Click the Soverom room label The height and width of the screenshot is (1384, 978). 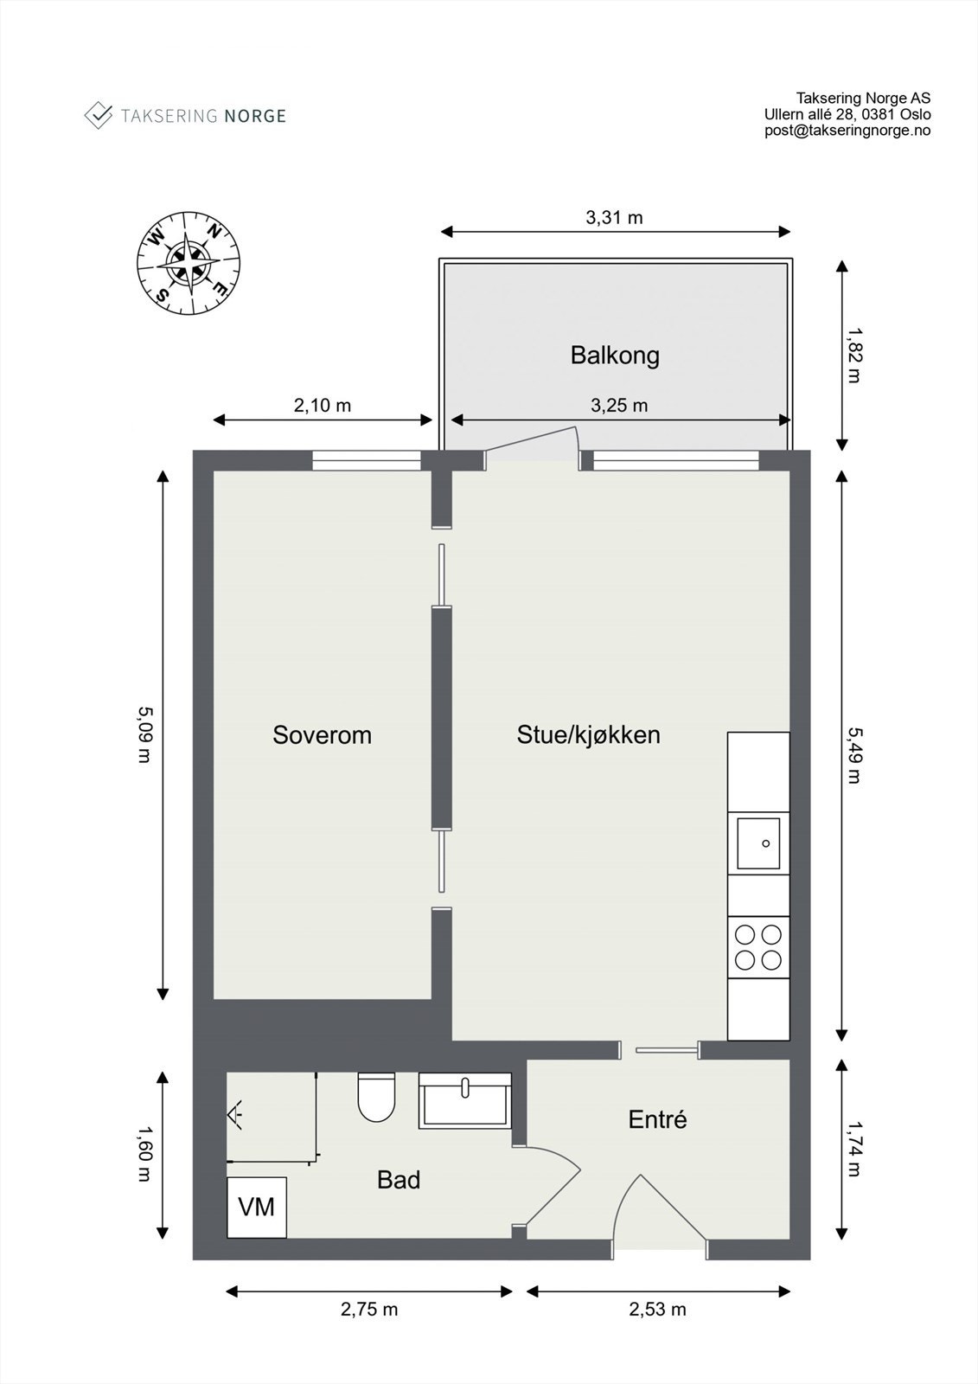click(x=322, y=735)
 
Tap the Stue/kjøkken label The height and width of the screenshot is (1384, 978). click(x=588, y=735)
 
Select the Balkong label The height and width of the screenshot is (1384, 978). click(x=615, y=356)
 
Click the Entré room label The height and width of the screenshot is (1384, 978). click(x=657, y=1120)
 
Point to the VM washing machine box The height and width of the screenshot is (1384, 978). click(x=256, y=1207)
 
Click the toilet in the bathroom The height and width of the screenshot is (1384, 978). click(x=375, y=1097)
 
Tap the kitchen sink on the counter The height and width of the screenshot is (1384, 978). click(x=758, y=843)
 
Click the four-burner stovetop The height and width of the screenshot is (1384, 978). click(x=758, y=947)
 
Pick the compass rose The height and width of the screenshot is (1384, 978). click(x=189, y=262)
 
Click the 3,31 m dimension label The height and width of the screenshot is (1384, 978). click(x=614, y=218)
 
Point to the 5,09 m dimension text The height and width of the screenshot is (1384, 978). click(x=144, y=734)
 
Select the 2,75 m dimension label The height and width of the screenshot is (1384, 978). click(x=369, y=1310)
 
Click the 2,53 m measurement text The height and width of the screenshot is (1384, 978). click(x=657, y=1310)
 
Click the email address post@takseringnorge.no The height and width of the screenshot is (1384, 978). click(x=847, y=131)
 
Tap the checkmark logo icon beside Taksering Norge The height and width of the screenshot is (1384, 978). click(x=98, y=115)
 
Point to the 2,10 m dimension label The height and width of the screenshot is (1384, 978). click(x=323, y=405)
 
